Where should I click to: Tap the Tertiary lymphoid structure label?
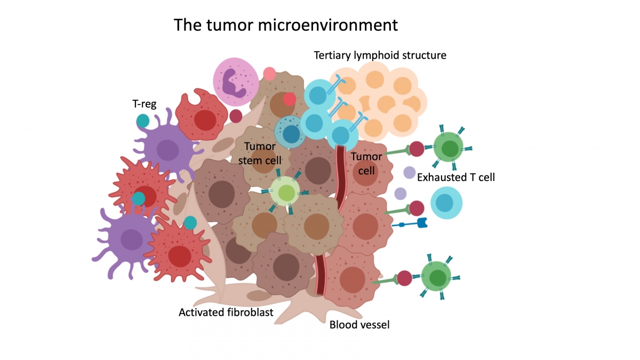(380, 55)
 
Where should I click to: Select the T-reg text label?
(144, 104)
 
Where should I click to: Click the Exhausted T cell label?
(456, 178)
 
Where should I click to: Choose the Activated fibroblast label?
(226, 313)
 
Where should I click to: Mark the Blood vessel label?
(359, 324)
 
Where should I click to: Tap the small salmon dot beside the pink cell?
(269, 74)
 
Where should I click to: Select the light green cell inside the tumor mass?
(286, 192)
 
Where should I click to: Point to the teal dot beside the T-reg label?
(142, 121)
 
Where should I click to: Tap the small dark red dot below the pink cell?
(236, 116)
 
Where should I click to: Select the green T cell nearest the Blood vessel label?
(437, 277)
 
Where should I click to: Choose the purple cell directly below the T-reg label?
(167, 148)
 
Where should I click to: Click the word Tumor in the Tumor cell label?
(366, 157)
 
